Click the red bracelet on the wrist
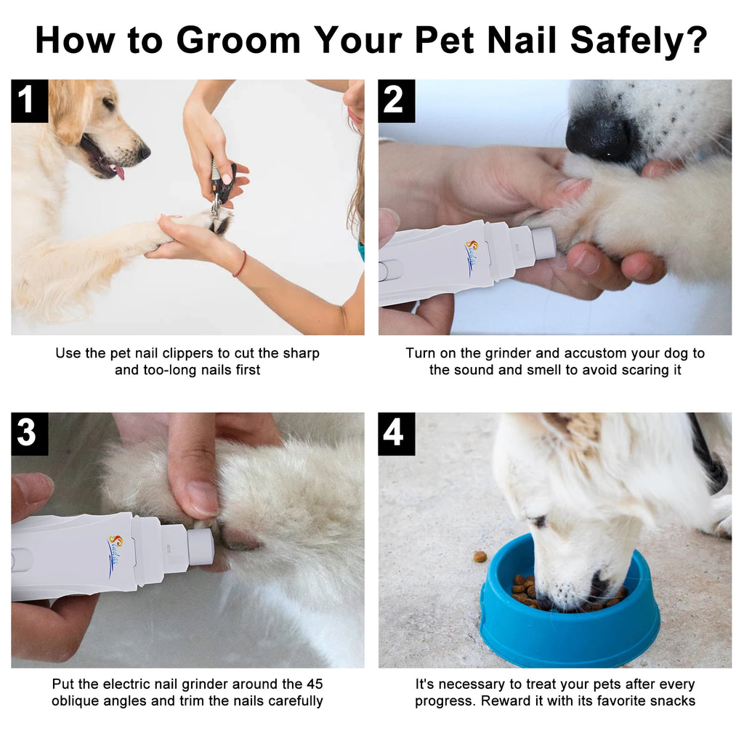[x=240, y=264]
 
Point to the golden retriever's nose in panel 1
[x=144, y=152]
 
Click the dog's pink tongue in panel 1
[x=118, y=173]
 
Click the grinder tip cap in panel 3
[x=201, y=546]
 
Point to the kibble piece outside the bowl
[x=480, y=557]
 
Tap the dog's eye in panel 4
[x=538, y=522]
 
